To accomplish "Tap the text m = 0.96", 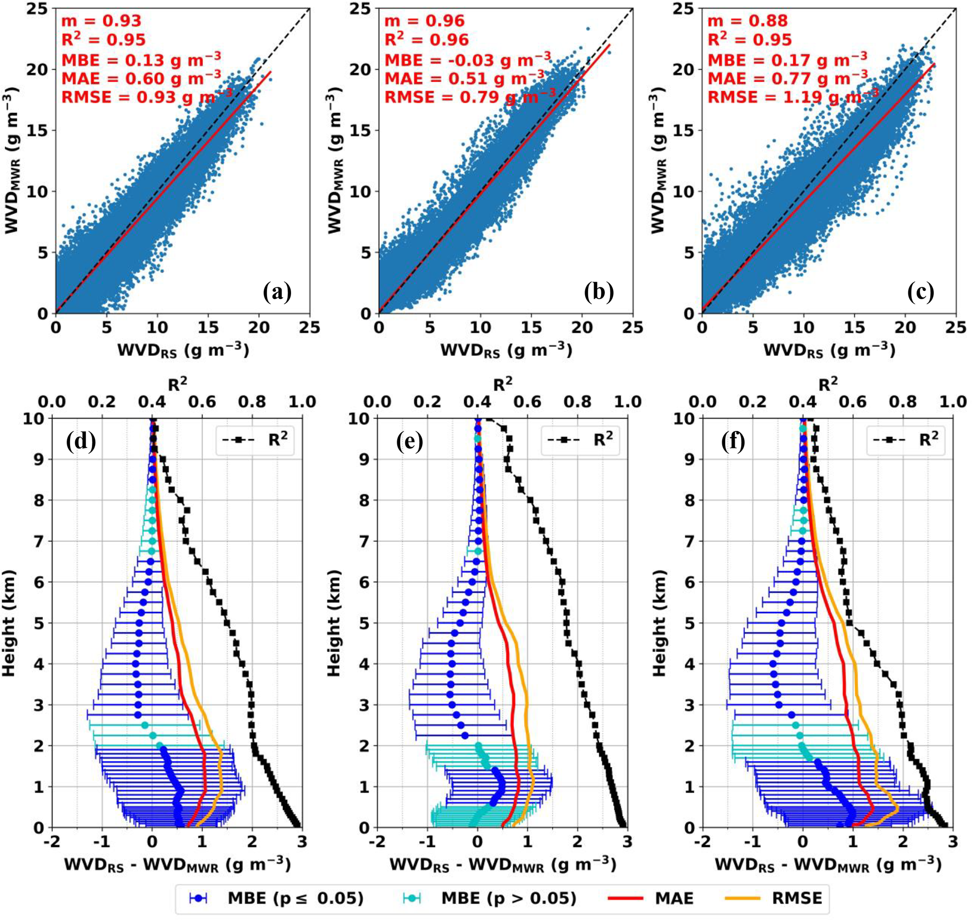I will point(424,21).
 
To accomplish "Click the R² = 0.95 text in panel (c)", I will point(749,39).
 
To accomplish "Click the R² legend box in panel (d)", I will point(255,440).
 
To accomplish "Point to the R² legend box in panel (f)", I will point(906,440).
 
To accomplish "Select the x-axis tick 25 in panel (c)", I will point(956,327).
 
